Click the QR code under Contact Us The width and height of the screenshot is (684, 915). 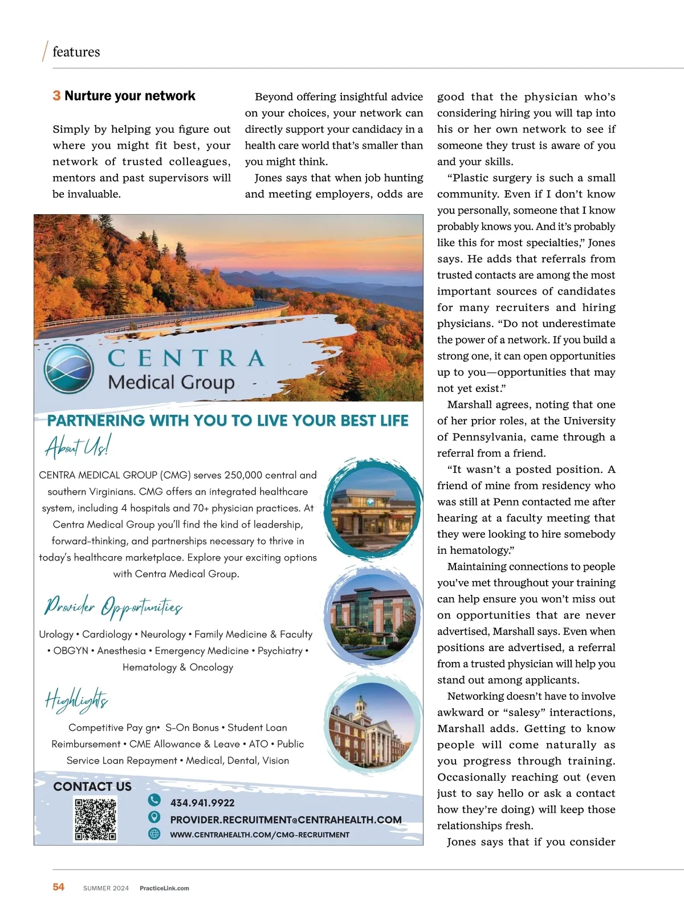click(96, 820)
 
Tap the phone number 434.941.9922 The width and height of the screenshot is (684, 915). click(202, 803)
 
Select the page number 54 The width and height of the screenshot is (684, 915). click(59, 887)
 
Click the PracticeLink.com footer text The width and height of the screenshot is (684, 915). click(164, 888)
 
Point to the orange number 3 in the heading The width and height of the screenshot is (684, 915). click(56, 96)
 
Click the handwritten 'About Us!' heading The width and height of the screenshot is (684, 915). click(78, 446)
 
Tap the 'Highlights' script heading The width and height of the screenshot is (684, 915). click(76, 700)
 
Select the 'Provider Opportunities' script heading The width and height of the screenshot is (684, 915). click(113, 607)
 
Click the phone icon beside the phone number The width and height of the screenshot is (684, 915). click(154, 800)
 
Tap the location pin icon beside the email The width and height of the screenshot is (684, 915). click(154, 817)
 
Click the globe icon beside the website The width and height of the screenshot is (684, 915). click(154, 834)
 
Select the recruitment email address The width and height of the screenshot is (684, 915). click(286, 819)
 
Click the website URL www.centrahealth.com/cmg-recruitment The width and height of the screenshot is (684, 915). click(259, 835)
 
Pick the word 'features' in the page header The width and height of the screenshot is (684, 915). click(76, 52)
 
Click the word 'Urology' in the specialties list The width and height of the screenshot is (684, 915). click(56, 634)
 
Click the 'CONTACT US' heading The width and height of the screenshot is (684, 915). click(92, 786)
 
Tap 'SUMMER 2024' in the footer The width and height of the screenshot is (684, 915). click(106, 888)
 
